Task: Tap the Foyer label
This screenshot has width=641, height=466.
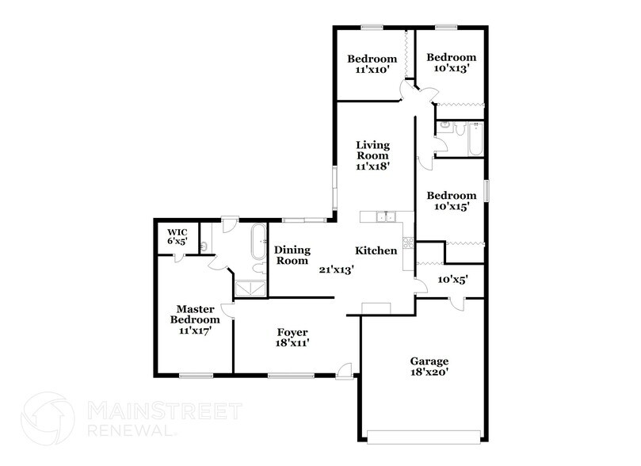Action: (292, 332)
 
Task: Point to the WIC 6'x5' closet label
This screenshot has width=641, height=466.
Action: (177, 231)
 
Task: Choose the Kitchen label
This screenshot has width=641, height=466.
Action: (376, 250)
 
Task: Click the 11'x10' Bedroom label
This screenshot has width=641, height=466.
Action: (372, 63)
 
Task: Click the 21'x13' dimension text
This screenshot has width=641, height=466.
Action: (336, 269)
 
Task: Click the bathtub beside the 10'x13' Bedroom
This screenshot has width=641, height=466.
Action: (474, 139)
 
